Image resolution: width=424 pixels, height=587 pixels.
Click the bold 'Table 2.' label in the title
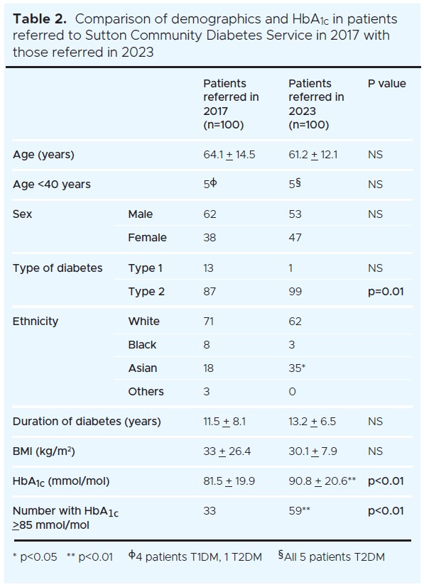click(40, 19)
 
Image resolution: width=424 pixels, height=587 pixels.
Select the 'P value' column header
click(386, 84)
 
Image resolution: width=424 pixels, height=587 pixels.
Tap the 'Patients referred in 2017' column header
click(231, 104)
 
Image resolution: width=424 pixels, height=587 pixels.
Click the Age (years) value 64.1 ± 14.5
click(229, 155)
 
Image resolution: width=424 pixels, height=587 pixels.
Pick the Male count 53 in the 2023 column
click(295, 214)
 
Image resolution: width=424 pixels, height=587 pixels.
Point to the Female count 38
click(210, 238)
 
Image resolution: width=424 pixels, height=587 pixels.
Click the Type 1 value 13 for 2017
click(209, 268)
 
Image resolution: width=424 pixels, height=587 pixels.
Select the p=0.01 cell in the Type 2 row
click(386, 292)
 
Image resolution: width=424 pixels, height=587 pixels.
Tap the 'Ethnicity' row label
click(36, 322)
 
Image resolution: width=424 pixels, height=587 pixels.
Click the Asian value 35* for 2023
click(298, 368)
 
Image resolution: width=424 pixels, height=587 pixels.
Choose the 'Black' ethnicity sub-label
click(142, 345)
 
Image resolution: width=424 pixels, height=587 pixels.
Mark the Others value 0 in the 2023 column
click(292, 392)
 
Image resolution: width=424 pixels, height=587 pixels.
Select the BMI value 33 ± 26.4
click(227, 451)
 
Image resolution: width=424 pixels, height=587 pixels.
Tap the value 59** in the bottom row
click(299, 511)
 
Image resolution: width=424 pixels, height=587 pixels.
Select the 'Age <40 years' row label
click(52, 185)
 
